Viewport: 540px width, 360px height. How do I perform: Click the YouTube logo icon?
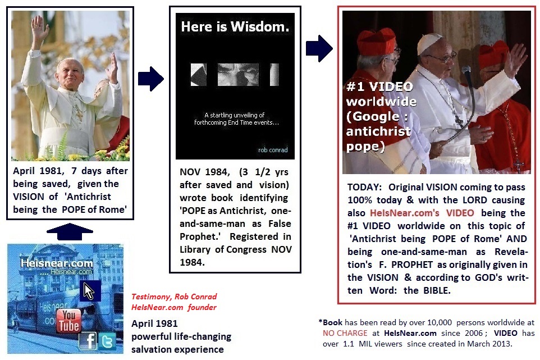[x=69, y=320]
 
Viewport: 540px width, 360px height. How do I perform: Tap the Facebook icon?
[x=88, y=341]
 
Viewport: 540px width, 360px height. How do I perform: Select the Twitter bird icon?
[x=107, y=341]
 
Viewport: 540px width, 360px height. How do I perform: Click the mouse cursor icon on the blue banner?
[x=89, y=291]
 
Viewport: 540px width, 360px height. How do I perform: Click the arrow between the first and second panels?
[x=151, y=79]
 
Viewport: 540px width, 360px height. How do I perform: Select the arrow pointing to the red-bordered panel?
[x=319, y=48]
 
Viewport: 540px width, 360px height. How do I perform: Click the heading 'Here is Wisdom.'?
[x=235, y=26]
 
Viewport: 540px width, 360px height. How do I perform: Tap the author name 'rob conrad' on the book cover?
[x=273, y=150]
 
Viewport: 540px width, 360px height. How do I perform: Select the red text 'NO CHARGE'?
[x=345, y=333]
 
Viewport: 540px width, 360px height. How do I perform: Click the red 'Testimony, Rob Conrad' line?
[x=174, y=297]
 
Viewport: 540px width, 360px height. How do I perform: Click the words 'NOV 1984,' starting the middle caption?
[x=205, y=172]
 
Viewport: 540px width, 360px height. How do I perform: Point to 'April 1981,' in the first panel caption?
[x=39, y=171]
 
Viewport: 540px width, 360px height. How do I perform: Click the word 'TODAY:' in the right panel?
[x=365, y=187]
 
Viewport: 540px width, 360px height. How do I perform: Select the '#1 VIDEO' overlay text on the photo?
[x=379, y=86]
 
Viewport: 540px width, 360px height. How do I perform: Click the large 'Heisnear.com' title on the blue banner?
[x=57, y=263]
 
